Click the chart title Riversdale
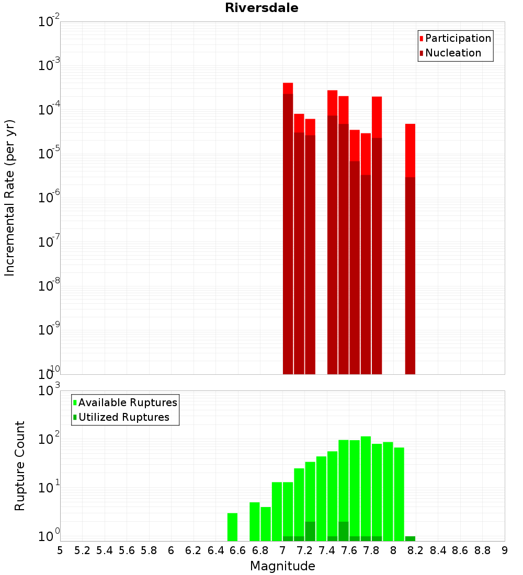coord(261,8)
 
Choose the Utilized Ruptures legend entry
coord(123,417)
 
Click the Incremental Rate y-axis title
coord(10,198)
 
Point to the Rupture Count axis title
coord(20,465)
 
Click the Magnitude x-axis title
coord(282,566)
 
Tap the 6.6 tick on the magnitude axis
coord(237,550)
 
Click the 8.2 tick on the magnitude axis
coord(416,550)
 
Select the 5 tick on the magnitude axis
coord(60,550)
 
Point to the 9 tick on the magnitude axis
coord(505,550)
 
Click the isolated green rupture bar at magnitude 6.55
coord(232,527)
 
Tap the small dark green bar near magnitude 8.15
coord(410,538)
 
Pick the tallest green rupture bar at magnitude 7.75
coord(366,486)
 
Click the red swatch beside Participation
coord(421,38)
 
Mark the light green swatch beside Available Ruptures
coord(75,402)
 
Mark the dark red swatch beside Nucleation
coord(421,53)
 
